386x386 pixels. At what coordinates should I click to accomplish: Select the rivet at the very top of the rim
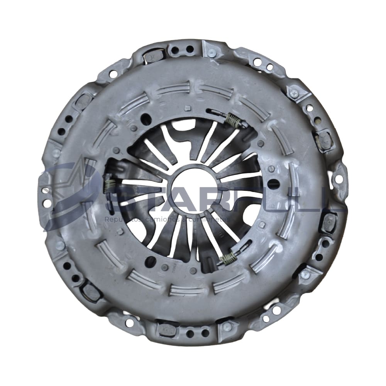click(x=212, y=53)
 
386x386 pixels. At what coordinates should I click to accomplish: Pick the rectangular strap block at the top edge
click(x=152, y=56)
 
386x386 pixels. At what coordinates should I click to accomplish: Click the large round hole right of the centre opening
click(x=273, y=184)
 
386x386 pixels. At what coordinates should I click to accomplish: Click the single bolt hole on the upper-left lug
click(x=113, y=73)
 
